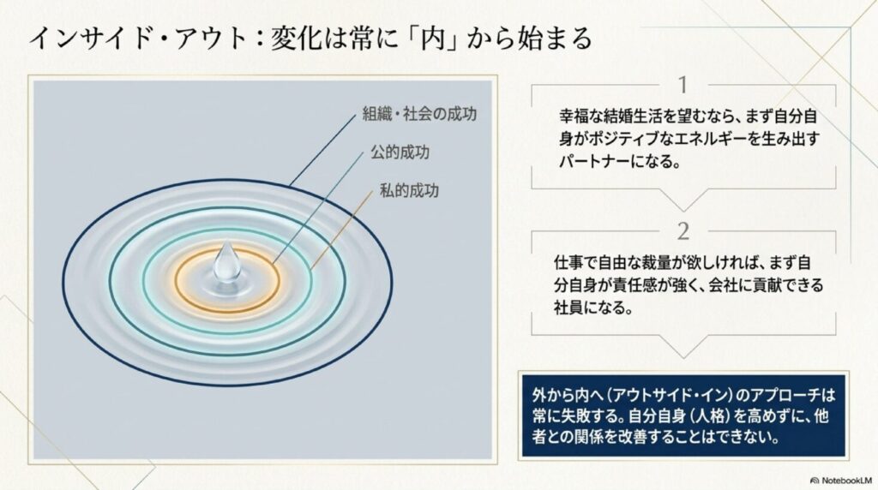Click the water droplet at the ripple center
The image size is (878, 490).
coord(226,261)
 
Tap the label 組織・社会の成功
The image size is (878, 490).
coord(419,114)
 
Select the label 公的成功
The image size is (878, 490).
coord(400,152)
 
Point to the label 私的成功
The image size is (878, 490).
coord(409,191)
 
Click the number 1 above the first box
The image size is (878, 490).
coord(683,85)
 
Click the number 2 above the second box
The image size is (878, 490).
coord(683,231)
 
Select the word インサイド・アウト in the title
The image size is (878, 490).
coord(138,39)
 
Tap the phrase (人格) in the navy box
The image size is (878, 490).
coord(703,416)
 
